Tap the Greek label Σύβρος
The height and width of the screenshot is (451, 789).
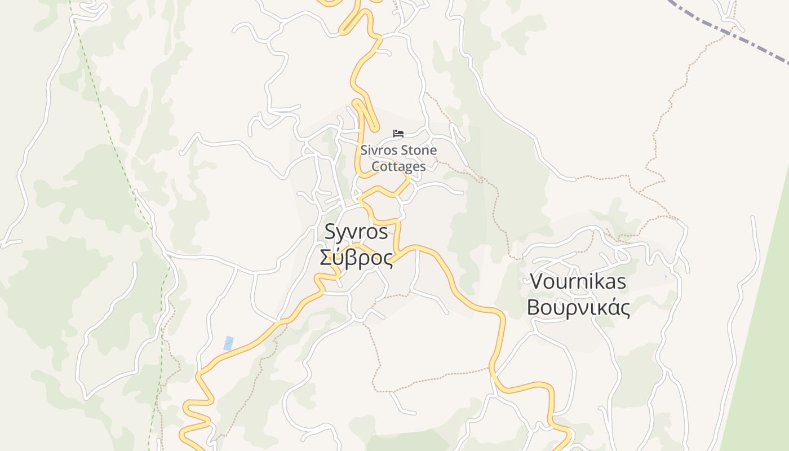(x=356, y=258)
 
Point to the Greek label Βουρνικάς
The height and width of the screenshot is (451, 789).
(x=578, y=308)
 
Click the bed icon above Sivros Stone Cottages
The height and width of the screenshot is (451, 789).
(x=399, y=134)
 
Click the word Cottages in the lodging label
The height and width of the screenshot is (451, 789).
(x=398, y=167)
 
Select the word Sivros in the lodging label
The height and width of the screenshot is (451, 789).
(x=376, y=151)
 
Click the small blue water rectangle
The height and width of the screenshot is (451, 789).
(x=228, y=343)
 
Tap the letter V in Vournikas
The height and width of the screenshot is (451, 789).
(x=537, y=281)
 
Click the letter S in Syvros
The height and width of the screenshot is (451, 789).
(x=331, y=232)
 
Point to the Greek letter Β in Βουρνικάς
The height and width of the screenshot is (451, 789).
(x=533, y=308)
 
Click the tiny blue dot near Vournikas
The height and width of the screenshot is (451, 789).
(x=666, y=277)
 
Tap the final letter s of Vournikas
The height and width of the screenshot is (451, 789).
(x=621, y=282)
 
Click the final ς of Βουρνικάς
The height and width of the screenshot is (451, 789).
(x=623, y=309)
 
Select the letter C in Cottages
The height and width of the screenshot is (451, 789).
(x=376, y=167)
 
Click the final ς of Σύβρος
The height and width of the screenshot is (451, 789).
(x=386, y=259)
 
